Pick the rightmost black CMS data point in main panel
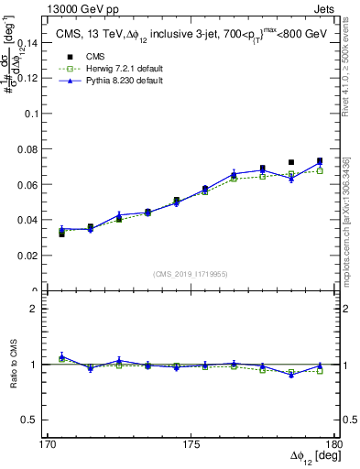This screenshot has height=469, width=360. click(320, 161)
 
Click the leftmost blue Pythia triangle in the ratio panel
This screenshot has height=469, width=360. click(61, 356)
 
